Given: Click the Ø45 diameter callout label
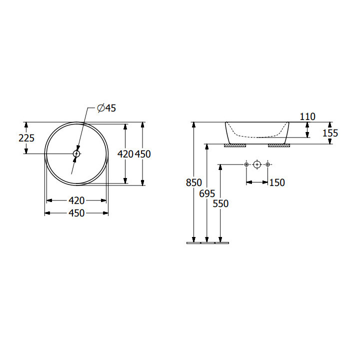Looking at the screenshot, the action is tap(106, 108).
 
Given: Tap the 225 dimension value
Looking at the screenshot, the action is tap(26, 138).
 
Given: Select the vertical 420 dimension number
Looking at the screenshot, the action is tap(125, 154).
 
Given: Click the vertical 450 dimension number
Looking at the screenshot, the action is tap(143, 154).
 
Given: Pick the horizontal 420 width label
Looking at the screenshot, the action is tap(76, 200).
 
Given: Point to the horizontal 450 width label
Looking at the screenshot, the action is tap(76, 213).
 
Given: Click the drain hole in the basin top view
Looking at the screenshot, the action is tap(76, 153).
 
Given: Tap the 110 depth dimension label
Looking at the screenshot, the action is tap(307, 116).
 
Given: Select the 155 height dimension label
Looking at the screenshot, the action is tap(330, 133).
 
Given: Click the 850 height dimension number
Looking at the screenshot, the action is tap(194, 182).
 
